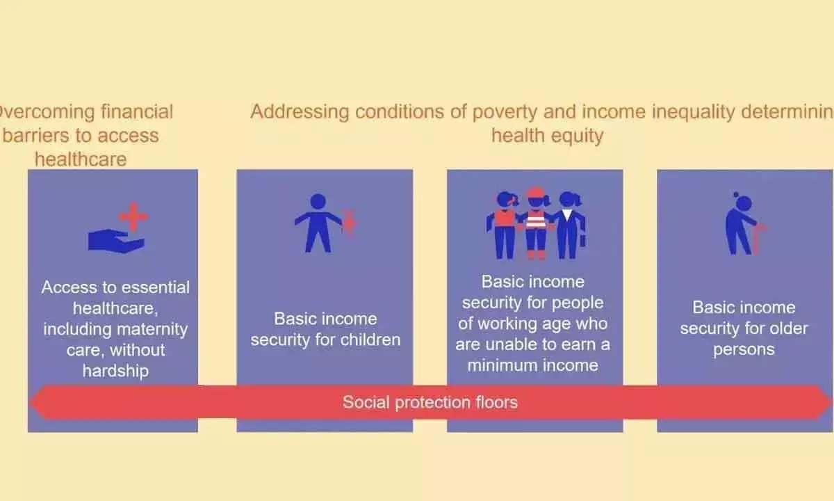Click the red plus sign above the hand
click(133, 217)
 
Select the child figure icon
click(318, 223)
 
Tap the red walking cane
click(759, 238)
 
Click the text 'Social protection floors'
click(430, 402)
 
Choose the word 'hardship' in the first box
click(115, 371)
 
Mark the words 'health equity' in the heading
click(547, 136)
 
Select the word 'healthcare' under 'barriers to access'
click(81, 159)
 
